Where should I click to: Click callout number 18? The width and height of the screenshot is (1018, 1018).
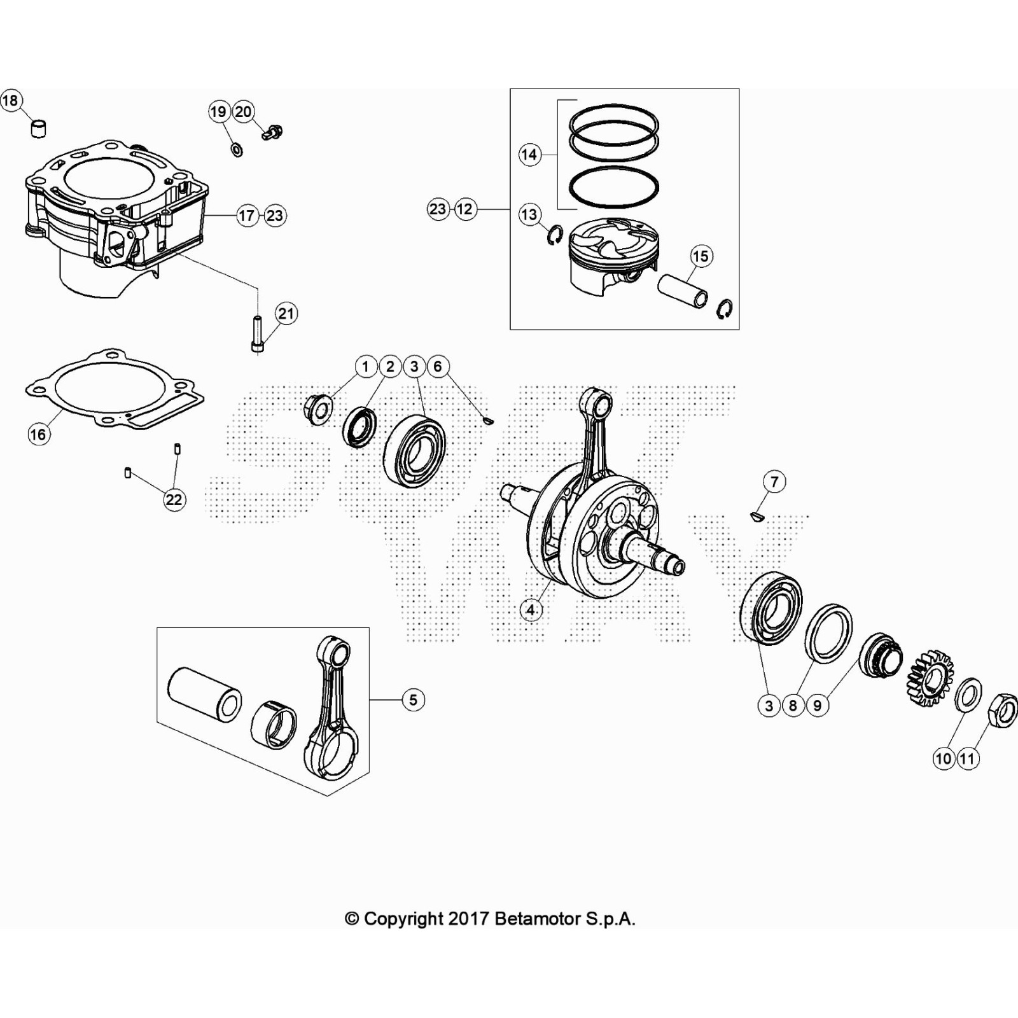point(10,101)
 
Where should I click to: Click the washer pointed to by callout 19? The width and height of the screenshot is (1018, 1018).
point(237,150)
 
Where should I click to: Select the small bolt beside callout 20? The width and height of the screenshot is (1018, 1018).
point(272,132)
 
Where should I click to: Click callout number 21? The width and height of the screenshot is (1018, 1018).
point(286,313)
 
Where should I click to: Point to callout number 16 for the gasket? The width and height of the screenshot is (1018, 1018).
point(38,434)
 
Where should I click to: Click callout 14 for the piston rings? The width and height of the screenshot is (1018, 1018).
point(529,154)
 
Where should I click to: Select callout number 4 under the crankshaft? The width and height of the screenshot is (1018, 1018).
point(531,610)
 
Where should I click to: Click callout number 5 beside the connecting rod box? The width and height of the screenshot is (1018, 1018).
point(413,700)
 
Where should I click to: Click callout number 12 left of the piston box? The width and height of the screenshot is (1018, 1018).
point(465,209)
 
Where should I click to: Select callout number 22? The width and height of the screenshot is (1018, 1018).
point(174,499)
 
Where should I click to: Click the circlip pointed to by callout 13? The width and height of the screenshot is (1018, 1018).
point(555,235)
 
